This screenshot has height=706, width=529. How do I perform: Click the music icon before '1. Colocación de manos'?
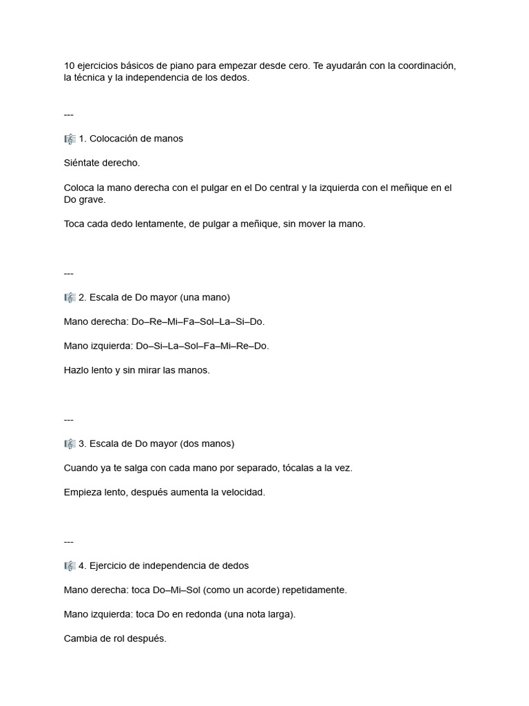click(x=70, y=139)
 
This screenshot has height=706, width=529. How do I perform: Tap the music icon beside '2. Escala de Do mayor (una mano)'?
click(x=70, y=297)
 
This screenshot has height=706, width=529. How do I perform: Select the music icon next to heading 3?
click(x=70, y=443)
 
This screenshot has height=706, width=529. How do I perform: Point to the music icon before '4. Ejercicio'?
click(x=70, y=565)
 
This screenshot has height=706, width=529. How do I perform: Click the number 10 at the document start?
click(x=69, y=65)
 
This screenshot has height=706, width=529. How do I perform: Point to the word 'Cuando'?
click(x=80, y=467)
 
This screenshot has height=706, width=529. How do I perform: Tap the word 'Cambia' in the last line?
click(x=80, y=638)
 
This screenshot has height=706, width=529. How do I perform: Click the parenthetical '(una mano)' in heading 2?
click(x=205, y=297)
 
